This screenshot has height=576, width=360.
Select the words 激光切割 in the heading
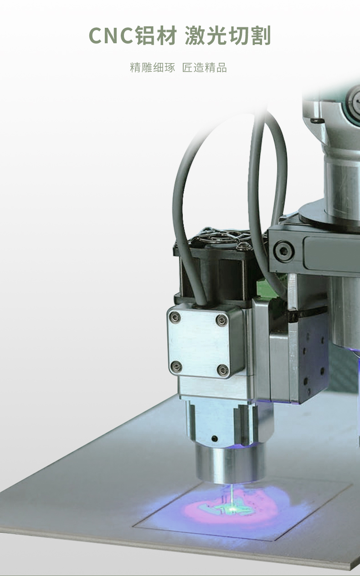[x=228, y=35]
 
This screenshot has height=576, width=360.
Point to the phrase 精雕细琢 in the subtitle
[x=152, y=67]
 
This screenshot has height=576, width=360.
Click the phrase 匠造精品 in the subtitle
[x=205, y=67]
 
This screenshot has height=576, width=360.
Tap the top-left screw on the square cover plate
[x=176, y=318]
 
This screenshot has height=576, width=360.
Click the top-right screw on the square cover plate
[x=221, y=320]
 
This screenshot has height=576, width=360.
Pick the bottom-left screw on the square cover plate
[x=176, y=366]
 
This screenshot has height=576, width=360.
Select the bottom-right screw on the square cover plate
[x=223, y=369]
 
